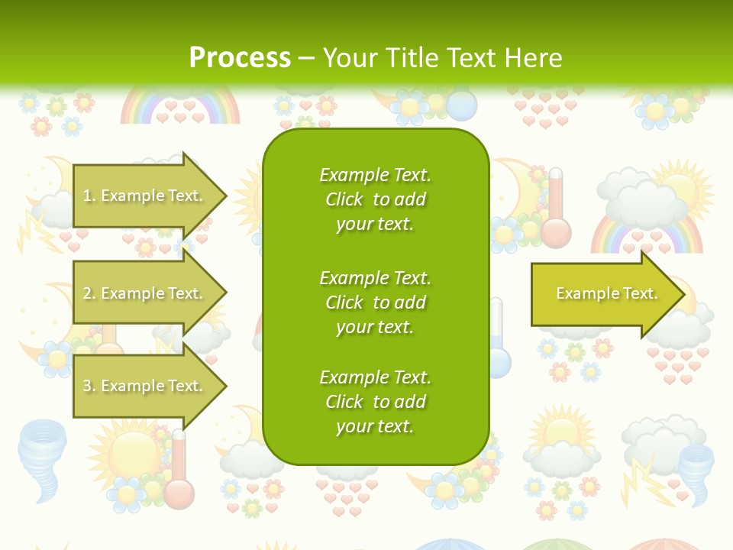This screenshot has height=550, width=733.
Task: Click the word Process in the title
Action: click(240, 58)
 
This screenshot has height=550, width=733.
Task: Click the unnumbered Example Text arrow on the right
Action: click(603, 294)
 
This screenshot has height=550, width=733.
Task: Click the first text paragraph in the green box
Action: click(375, 199)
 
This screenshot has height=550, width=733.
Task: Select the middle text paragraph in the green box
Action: click(375, 302)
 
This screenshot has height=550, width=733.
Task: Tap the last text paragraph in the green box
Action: click(375, 402)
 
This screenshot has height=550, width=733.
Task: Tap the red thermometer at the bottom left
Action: click(178, 470)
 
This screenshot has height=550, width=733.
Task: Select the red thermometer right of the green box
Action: click(555, 210)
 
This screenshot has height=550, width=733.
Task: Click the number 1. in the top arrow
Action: click(89, 196)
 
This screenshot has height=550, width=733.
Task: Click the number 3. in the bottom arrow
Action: click(89, 386)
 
